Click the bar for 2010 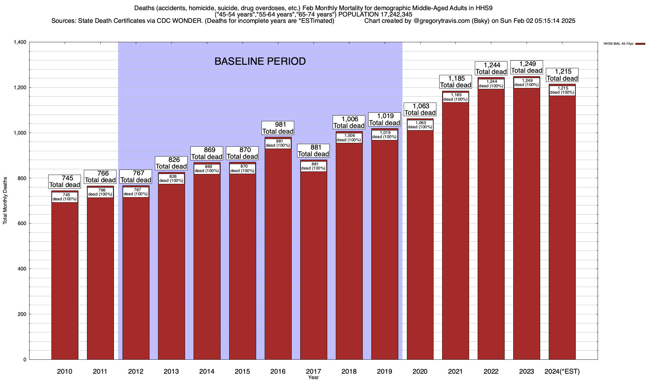(65, 279)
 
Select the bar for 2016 (278, 254)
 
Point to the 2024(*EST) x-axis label (562, 371)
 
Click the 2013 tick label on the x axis (171, 371)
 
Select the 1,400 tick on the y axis (20, 42)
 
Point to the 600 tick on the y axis (22, 224)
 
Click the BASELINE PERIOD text (260, 61)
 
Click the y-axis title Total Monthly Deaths (5, 201)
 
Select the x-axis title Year (313, 377)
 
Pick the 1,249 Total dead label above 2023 (527, 67)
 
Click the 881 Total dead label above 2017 (314, 151)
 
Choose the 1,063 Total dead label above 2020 (420, 110)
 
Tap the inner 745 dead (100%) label (65, 197)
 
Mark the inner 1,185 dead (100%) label (455, 97)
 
